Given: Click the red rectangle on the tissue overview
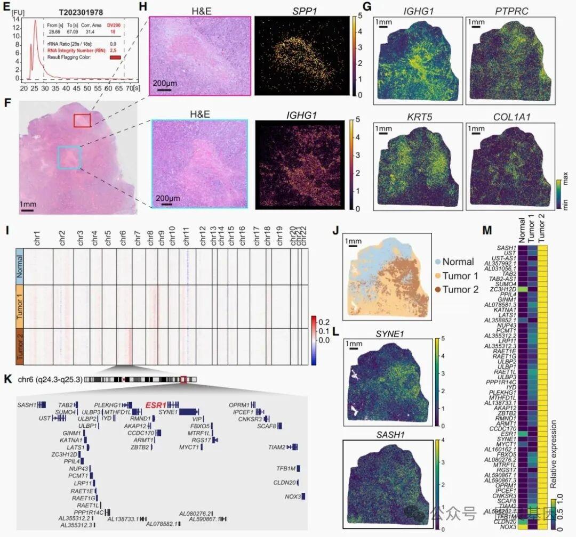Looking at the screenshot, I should coord(82,120).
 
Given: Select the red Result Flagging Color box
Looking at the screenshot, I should coord(116,57).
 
